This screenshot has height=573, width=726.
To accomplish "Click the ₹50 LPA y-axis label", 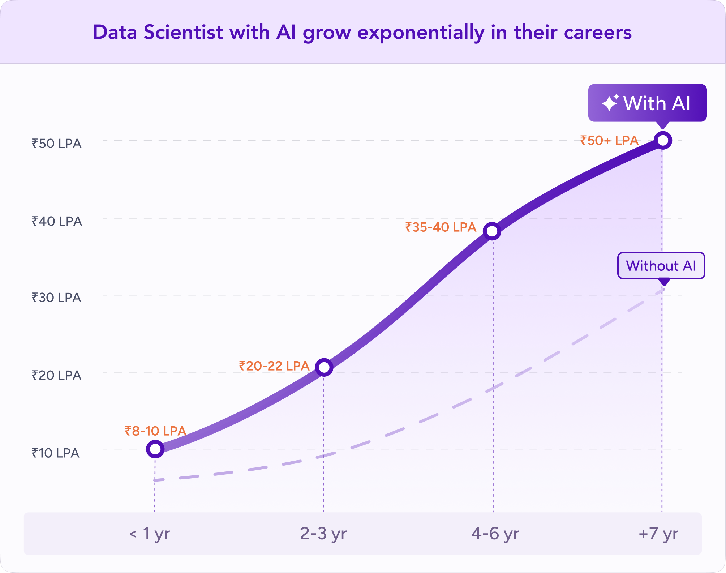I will pos(56,144).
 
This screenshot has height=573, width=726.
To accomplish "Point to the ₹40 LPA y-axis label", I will pos(57,221).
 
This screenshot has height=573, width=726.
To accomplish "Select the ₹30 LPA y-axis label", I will pos(56,298).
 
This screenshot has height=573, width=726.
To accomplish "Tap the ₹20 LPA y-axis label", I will pos(56,376).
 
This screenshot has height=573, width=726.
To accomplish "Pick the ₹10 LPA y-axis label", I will pos(55,453).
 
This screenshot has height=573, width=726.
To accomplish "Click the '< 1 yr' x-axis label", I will pos(149,534).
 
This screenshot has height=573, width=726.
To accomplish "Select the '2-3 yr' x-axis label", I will pos(323,534).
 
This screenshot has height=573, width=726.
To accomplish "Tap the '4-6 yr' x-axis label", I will pos(495,534).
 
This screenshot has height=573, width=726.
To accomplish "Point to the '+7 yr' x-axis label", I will pos(658,534).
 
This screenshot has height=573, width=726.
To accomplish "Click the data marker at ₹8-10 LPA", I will pos(155,449).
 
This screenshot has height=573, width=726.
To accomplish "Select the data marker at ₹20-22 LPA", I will pos(324,367).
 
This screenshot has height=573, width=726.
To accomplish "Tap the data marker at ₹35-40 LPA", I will pos(492,231).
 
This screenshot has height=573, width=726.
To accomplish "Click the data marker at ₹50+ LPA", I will pos(663,140).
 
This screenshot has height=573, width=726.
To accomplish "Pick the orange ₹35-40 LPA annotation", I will pos(441,227).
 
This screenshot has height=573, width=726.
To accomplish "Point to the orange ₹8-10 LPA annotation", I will pos(155,431).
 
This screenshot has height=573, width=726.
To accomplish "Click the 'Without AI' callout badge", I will pos(661,266).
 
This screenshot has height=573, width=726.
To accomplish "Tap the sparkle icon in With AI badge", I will pos(610,103).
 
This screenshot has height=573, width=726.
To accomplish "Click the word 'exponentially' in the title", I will pos(421,33).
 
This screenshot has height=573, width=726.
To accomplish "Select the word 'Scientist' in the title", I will pos(183,33).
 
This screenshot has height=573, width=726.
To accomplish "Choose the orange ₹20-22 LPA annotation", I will pos(274,366).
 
